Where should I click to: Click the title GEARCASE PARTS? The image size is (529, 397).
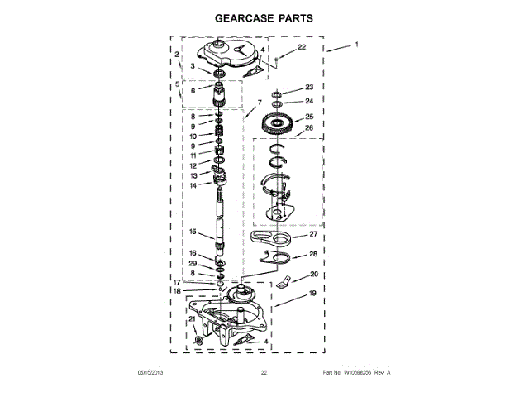click(x=264, y=17)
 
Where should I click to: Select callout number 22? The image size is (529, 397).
click(x=301, y=48)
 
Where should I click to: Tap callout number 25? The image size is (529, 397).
click(x=309, y=117)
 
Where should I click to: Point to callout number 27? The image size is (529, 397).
click(x=313, y=234)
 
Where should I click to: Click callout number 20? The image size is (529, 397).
click(x=314, y=275)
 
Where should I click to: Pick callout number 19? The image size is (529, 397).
click(x=312, y=293)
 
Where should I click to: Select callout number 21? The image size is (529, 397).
click(x=191, y=319)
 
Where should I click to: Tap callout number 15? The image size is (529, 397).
click(x=192, y=232)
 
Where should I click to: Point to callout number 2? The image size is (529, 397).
click(x=177, y=55)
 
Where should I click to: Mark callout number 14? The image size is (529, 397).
click(x=192, y=185)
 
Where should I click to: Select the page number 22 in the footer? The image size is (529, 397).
click(x=264, y=373)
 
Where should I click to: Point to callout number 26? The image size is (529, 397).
click(x=309, y=128)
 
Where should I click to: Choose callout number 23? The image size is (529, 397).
click(x=309, y=88)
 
